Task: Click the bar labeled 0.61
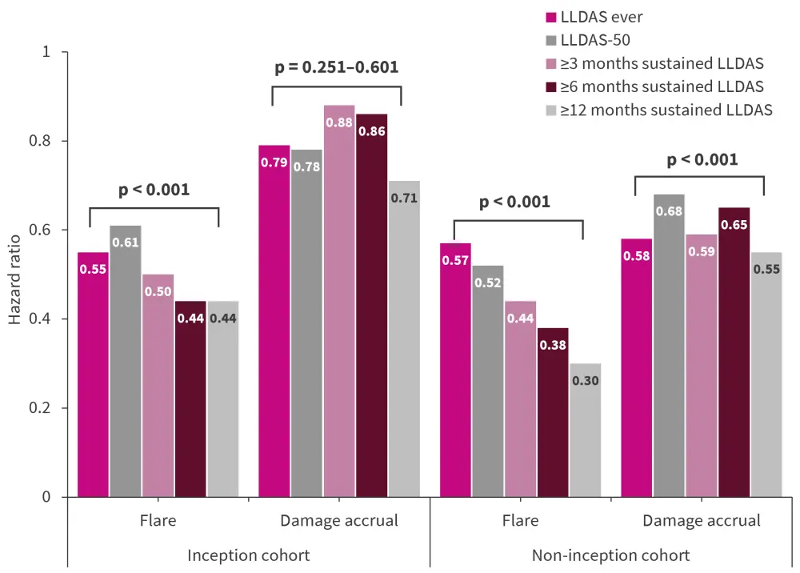click(126, 361)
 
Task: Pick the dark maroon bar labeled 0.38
click(553, 412)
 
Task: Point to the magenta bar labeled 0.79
click(274, 321)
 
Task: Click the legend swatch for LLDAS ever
click(550, 15)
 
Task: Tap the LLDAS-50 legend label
click(595, 38)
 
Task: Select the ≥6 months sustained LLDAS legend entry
click(662, 86)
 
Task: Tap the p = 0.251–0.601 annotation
click(336, 67)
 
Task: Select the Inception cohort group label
click(248, 555)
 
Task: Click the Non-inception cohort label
click(610, 555)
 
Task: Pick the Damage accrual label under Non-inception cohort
click(702, 521)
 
